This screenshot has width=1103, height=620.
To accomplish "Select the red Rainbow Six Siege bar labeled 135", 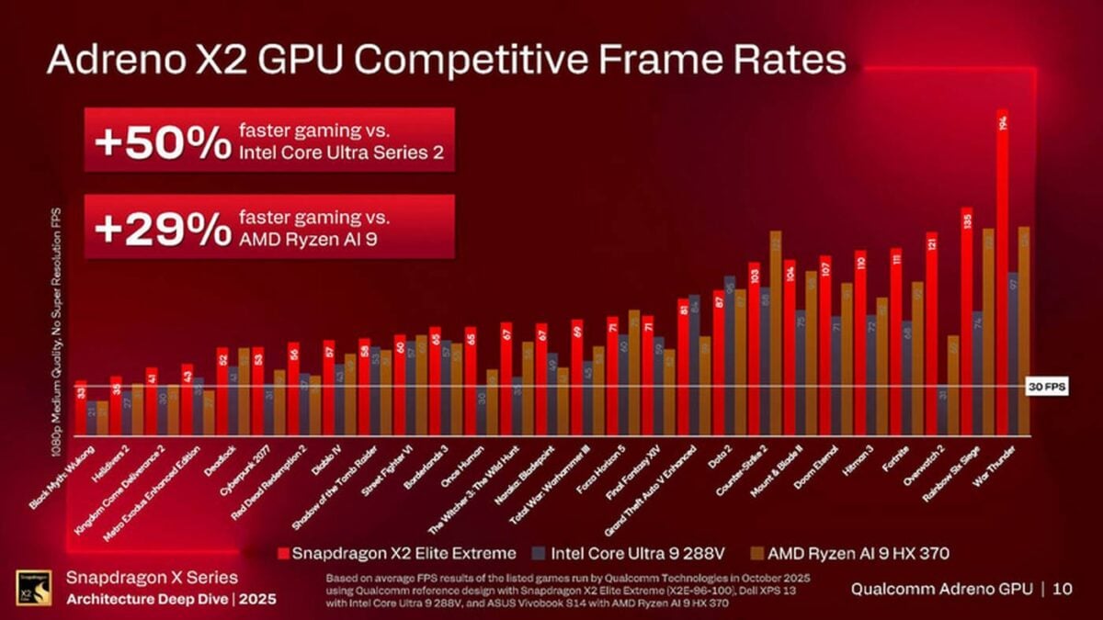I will point(966,321).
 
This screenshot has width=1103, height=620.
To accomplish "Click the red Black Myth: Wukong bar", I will point(81,408).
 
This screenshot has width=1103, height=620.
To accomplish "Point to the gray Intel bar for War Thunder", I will point(1013,354).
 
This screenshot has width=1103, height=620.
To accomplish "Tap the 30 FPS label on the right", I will point(1046,388).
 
